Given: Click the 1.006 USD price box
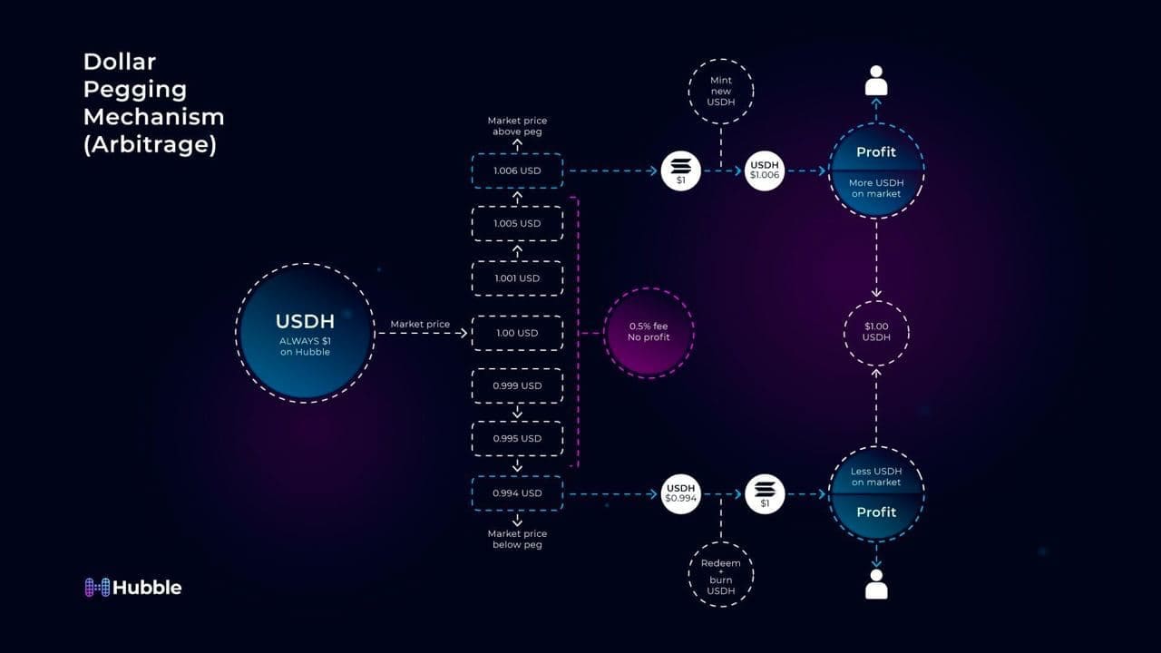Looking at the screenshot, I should coord(517,171).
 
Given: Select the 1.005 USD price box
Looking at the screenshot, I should coord(517,223).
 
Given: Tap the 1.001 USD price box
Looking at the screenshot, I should coord(517,278).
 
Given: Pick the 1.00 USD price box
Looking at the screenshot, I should coord(517,333).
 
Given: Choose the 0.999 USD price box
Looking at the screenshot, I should coord(517,385).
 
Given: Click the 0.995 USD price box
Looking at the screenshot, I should coord(517,438).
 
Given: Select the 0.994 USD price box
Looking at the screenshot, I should coord(517,493).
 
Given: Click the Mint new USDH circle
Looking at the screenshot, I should coord(721,91).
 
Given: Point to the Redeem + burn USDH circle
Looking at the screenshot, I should coord(721,576).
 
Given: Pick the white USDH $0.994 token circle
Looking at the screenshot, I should coord(681,493).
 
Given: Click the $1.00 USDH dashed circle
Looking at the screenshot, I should coord(876,332).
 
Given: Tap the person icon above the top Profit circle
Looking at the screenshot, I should coord(876,81).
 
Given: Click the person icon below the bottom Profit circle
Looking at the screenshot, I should coord(876,585).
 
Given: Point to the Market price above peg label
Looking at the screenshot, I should coord(517,126).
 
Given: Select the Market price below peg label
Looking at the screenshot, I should coord(517,539).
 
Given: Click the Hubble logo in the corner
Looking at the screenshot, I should coord(133,588).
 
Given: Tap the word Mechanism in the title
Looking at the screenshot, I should coord(153,117).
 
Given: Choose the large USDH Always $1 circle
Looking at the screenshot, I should coord(305,332).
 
